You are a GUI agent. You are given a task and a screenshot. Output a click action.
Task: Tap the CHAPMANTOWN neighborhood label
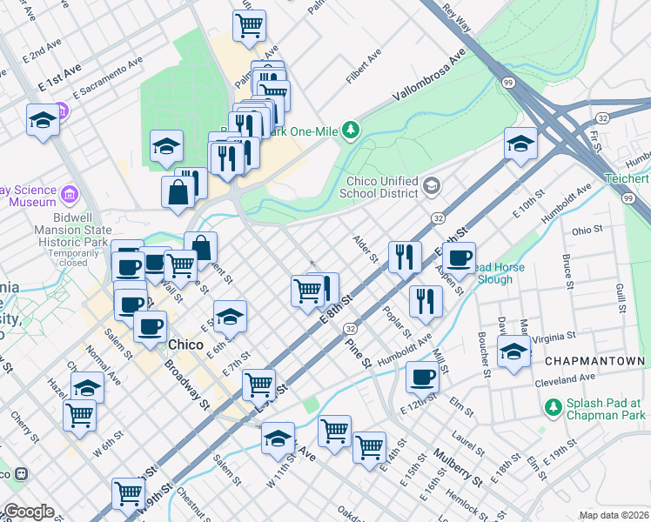click(595, 361)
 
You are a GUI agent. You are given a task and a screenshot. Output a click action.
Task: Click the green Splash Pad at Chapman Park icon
click(552, 406)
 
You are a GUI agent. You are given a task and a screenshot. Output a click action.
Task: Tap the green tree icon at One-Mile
click(350, 130)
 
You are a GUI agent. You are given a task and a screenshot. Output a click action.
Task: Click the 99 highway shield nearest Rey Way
click(506, 82)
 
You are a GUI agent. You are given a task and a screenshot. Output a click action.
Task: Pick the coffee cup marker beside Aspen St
click(459, 258)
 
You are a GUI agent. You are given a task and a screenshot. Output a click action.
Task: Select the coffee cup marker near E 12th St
click(423, 377)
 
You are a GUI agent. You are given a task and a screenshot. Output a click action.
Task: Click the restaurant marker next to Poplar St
click(426, 300)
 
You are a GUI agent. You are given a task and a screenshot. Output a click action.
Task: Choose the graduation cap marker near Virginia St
click(513, 351)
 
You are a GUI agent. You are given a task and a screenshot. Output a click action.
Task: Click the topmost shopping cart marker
click(249, 26)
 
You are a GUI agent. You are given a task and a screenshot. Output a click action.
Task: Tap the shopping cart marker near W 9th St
click(129, 493)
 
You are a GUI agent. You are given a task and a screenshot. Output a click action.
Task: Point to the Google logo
click(30, 512)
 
